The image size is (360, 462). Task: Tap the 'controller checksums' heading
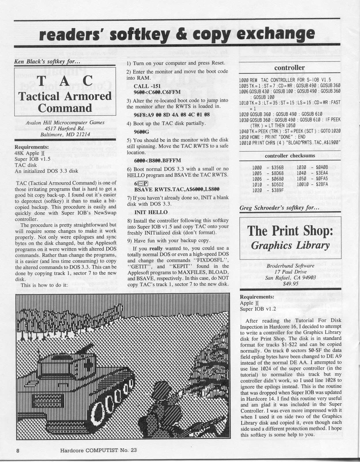pos(290,156)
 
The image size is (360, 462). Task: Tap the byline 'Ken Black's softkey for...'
pos(42,61)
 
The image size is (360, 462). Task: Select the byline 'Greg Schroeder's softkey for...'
pos(280,208)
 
